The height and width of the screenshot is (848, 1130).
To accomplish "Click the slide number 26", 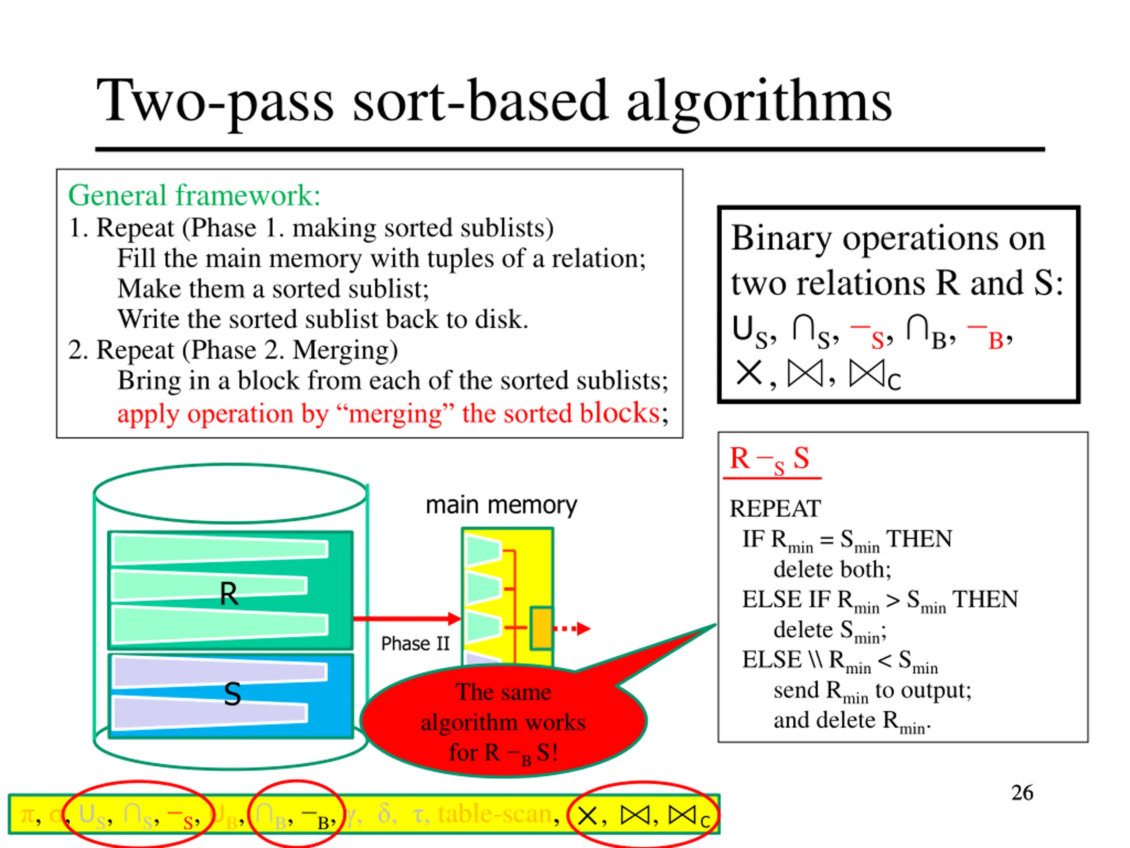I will pos(1022,793).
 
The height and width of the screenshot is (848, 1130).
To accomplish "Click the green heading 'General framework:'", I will pos(194,195).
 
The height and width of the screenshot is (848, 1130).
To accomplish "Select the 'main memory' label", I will pos(501,505).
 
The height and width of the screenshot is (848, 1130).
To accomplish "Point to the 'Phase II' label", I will pos(415,644).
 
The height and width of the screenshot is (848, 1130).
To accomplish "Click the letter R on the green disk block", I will pos(228,594).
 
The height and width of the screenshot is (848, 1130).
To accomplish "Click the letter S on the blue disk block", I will pos(233,694).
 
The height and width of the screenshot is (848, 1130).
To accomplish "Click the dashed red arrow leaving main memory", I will pos(572,628).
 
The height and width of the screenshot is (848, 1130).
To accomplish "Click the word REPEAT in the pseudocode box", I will pos(775,509).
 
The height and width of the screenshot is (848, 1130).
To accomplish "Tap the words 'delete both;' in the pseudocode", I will pos(832,569).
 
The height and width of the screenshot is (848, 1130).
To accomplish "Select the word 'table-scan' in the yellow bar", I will pos(494,814).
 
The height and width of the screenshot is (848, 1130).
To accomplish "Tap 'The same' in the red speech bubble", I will pos(503,692).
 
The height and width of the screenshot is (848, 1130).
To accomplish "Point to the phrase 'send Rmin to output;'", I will pos(872,691).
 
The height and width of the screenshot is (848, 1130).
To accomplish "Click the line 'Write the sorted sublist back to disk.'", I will pos(323,319).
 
